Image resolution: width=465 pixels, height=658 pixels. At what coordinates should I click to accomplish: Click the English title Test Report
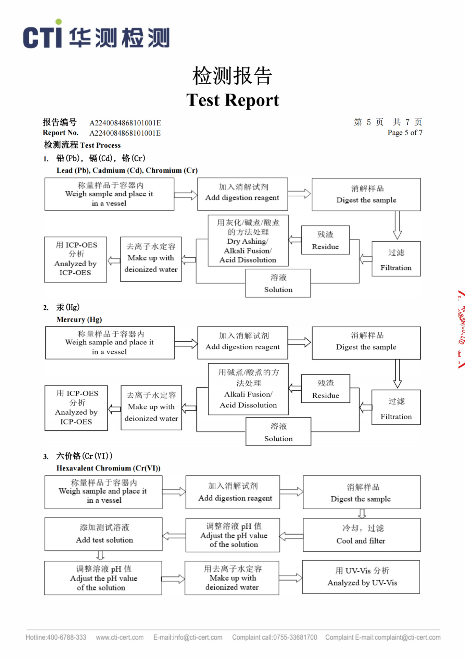pyautogui.click(x=232, y=100)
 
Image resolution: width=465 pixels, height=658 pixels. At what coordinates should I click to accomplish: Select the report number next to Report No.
pyautogui.click(x=125, y=133)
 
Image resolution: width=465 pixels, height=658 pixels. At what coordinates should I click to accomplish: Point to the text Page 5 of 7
pyautogui.click(x=405, y=133)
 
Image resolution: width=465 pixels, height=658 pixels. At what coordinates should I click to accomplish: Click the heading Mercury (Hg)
pyautogui.click(x=79, y=319)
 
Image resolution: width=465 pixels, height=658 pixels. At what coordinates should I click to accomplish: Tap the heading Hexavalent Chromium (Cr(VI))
pyautogui.click(x=108, y=468)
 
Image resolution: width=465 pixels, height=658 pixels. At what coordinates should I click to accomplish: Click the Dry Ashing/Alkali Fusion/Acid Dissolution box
pyautogui.click(x=248, y=241)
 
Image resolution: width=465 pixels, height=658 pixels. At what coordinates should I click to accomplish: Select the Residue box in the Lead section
pyautogui.click(x=325, y=240)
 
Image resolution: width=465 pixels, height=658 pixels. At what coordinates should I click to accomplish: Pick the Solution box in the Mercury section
pyautogui.click(x=278, y=432)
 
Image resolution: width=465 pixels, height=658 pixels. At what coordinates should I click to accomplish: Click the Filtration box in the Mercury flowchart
pyautogui.click(x=396, y=407)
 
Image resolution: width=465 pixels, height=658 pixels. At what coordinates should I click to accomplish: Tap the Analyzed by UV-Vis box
pyautogui.click(x=361, y=577)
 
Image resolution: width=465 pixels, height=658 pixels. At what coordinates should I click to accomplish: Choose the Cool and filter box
pyautogui.click(x=361, y=535)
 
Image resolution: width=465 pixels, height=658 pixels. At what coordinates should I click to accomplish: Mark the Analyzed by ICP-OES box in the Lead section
pyautogui.click(x=75, y=259)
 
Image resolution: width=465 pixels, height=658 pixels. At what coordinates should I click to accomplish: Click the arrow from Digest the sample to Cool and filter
pyautogui.click(x=362, y=513)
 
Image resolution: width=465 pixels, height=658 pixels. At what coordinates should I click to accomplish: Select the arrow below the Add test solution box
pyautogui.click(x=100, y=555)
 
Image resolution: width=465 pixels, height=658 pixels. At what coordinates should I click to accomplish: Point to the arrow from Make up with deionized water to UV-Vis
pyautogui.click(x=290, y=578)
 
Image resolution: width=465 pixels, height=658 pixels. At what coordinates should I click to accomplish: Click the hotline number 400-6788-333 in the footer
pyautogui.click(x=66, y=637)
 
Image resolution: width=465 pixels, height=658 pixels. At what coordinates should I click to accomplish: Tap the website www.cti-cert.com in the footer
pyautogui.click(x=120, y=637)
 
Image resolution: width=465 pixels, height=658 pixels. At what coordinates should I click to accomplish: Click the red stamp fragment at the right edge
pyautogui.click(x=461, y=329)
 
